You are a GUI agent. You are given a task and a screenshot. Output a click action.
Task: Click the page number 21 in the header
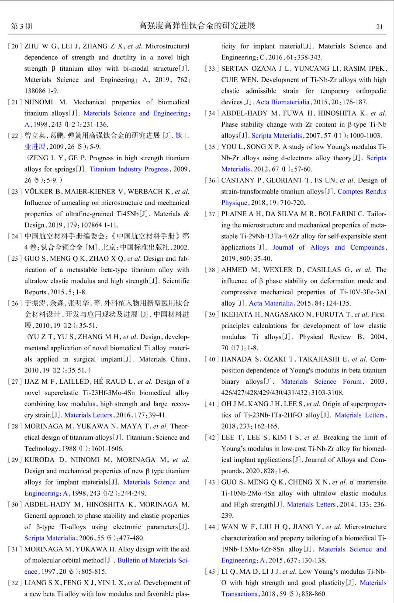tap(379, 27)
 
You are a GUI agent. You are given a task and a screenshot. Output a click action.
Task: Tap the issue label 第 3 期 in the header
tap(22, 26)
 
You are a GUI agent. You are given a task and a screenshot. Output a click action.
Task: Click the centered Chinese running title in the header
tap(197, 26)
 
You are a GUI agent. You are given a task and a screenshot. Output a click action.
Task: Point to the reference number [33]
tap(212, 69)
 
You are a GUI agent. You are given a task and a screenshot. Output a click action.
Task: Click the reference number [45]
tap(212, 572)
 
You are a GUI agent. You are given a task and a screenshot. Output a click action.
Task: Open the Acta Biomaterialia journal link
tap(283, 102)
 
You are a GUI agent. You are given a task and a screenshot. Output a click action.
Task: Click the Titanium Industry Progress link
tap(129, 169)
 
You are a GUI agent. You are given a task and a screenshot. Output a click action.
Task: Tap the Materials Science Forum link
tap(321, 382)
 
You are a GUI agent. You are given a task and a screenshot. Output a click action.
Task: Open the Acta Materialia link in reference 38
tap(271, 303)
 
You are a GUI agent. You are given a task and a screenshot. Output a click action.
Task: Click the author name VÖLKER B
tap(43, 192)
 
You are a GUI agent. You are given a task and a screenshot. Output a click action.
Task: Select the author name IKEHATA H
tap(241, 314)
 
